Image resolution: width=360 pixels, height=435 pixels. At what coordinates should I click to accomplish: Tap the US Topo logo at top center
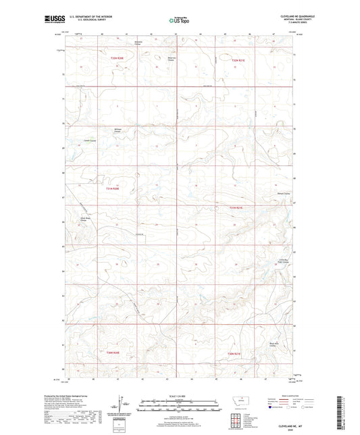point(179,21)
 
